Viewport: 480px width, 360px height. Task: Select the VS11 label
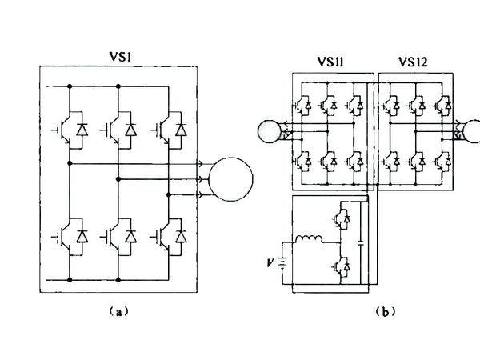click(331, 62)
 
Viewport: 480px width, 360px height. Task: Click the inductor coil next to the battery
click(307, 240)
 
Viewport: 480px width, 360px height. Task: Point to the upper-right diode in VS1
click(182, 128)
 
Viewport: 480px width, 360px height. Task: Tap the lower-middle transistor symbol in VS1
click(117, 236)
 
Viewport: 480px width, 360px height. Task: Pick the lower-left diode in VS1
click(80, 236)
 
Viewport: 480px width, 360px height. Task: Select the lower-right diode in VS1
click(182, 236)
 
